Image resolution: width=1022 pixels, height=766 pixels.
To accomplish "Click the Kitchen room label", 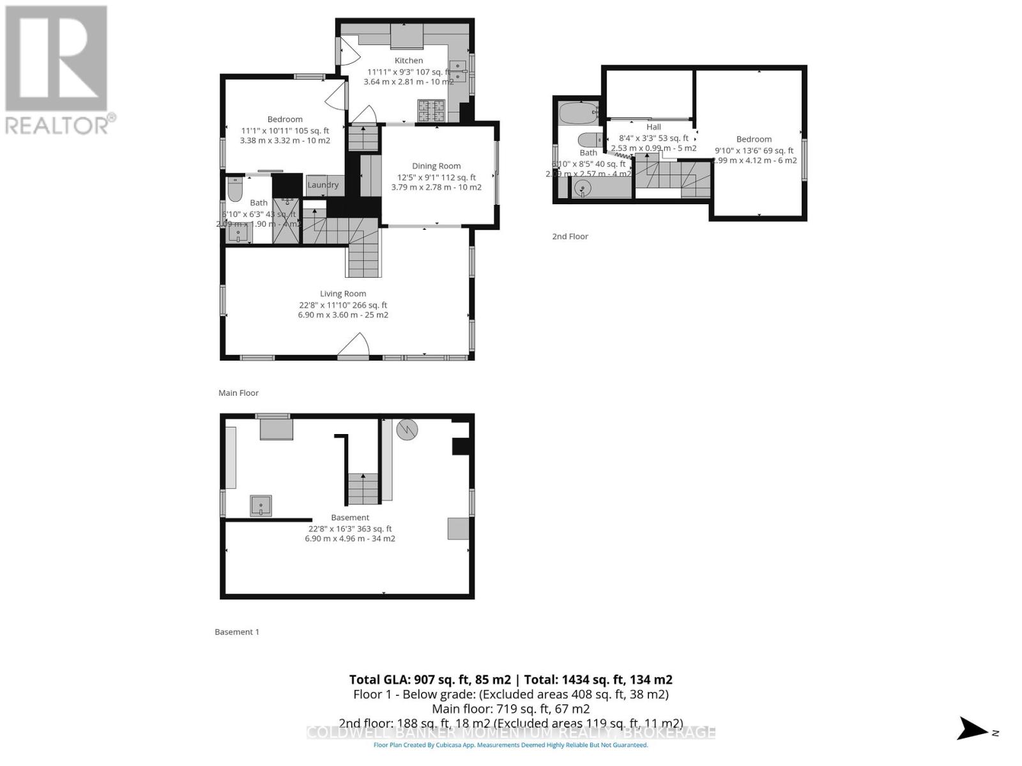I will [408, 61].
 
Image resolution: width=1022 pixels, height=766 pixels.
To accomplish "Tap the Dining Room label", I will [436, 166].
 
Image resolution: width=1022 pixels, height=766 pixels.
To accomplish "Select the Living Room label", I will [343, 294].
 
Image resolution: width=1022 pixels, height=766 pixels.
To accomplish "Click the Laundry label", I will [323, 185].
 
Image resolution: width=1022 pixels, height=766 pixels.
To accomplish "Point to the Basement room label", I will [350, 518].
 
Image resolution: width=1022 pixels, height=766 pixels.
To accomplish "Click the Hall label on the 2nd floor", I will [653, 127].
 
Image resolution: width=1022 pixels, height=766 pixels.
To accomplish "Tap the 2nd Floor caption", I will [570, 236].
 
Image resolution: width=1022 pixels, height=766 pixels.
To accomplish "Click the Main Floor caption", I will [238, 393].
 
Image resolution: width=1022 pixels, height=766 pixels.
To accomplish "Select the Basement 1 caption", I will [237, 632].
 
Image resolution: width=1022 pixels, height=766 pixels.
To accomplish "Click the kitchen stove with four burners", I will [432, 110].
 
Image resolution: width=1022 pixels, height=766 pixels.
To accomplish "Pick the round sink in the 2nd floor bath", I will [583, 188].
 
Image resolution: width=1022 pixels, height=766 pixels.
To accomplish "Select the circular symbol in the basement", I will [406, 430].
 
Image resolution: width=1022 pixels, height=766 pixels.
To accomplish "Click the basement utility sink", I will [261, 506].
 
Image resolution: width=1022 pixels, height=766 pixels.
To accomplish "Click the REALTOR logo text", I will [61, 124].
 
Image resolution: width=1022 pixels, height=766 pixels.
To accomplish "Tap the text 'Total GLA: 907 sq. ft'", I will [429, 680].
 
